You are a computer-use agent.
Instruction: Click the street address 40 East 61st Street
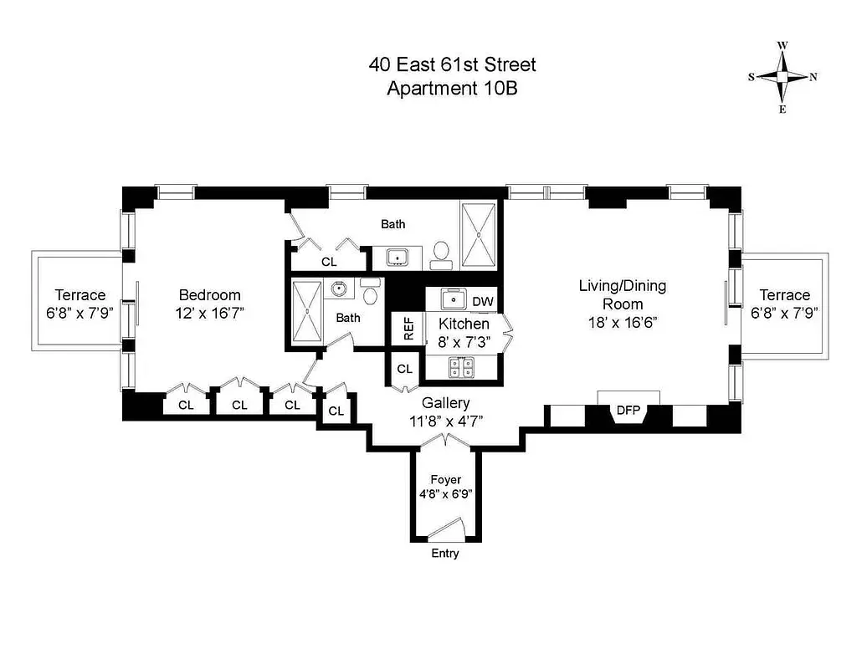452,64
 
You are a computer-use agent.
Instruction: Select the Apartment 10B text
452,89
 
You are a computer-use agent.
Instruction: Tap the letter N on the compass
813,77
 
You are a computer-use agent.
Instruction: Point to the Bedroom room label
210,295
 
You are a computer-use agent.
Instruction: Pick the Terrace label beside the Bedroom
80,295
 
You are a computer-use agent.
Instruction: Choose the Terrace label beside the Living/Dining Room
784,295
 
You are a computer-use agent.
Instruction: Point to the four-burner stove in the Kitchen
459,365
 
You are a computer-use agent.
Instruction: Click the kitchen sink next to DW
447,299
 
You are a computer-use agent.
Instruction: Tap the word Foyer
445,479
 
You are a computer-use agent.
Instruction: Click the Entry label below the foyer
445,554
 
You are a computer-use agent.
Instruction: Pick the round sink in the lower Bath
339,290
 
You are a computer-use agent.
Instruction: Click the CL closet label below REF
405,369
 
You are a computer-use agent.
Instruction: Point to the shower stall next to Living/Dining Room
479,235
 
